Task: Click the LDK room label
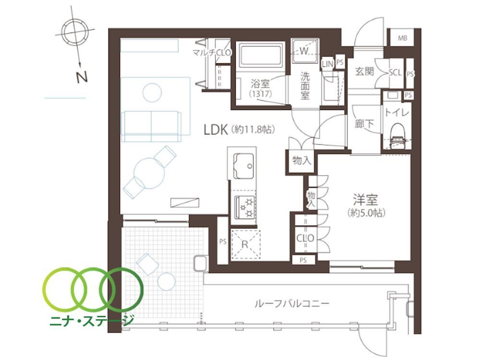[x=216, y=130]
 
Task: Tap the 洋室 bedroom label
[x=365, y=200]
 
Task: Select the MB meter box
[x=403, y=38]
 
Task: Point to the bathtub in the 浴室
[x=261, y=55]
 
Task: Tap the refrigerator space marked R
[x=245, y=244]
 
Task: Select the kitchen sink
[x=243, y=166]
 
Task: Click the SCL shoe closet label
[x=395, y=72]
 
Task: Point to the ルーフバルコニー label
[x=292, y=303]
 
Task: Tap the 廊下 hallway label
[x=364, y=124]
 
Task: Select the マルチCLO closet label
[x=212, y=52]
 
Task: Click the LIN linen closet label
[x=327, y=64]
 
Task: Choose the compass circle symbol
[x=75, y=31]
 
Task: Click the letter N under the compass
[x=82, y=77]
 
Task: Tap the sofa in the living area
[x=151, y=126]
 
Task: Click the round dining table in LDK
[x=149, y=173]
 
